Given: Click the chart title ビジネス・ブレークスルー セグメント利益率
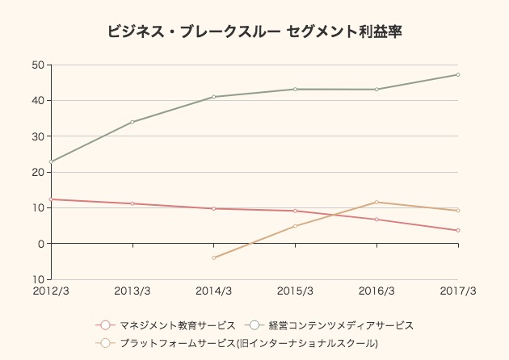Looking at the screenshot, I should [254, 32].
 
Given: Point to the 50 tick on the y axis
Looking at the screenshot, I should [38, 65].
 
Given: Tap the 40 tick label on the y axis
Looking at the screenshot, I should [38, 101].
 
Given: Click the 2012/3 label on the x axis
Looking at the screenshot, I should [51, 291].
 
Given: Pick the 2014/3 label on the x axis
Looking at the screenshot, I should [214, 291].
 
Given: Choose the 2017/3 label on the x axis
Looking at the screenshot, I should [458, 291].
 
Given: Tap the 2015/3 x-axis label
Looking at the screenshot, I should [296, 291].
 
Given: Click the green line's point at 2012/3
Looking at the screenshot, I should [51, 161].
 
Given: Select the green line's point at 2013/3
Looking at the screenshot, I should [133, 122].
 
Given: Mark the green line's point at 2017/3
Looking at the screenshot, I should [458, 75].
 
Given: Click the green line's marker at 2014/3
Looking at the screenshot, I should [214, 97].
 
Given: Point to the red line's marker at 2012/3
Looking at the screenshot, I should [51, 199].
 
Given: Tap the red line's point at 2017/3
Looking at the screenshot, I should [458, 230].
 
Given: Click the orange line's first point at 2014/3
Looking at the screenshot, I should [214, 257].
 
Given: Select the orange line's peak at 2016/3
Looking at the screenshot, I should [376, 202].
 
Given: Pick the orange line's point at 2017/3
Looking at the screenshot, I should [458, 211].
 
